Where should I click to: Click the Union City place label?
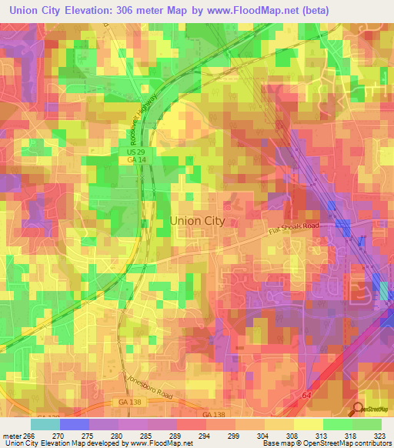197,220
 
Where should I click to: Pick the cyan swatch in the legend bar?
45,423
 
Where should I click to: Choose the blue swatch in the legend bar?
74,423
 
